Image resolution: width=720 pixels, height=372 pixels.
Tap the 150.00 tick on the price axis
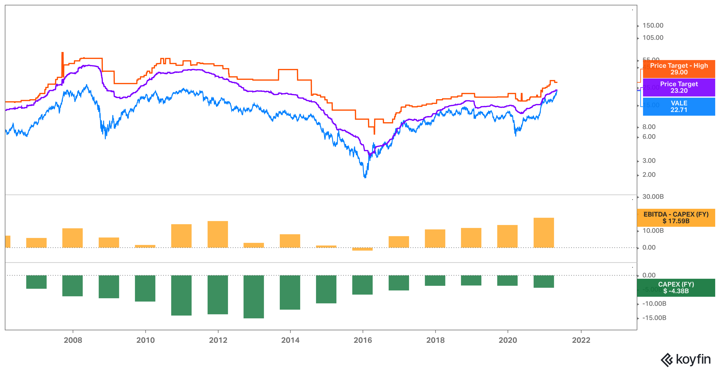[x=652, y=25]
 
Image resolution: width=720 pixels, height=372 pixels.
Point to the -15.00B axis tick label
[x=654, y=318]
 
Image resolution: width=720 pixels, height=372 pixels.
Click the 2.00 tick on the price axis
[x=649, y=175]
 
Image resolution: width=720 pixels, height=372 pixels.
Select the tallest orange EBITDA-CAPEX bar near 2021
[x=543, y=233]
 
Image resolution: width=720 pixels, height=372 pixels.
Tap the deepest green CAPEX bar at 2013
[x=254, y=297]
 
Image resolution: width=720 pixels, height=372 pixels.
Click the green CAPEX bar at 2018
[x=435, y=280]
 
